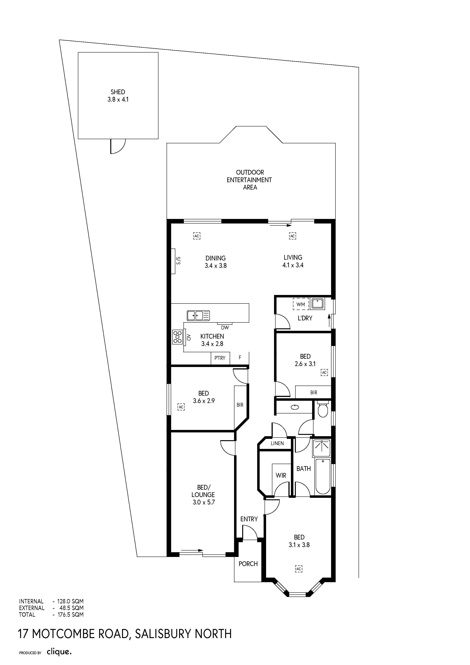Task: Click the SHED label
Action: click(118, 92)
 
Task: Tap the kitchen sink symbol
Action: click(198, 315)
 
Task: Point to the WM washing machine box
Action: click(301, 304)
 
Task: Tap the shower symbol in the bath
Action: click(322, 448)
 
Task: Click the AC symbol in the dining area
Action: click(197, 236)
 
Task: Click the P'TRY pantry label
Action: click(220, 358)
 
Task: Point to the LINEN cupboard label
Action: click(277, 443)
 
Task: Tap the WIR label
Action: click(281, 475)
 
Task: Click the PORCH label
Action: click(248, 564)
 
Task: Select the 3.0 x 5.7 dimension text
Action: click(204, 502)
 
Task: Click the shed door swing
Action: click(118, 146)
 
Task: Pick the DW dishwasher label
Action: click(225, 328)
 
